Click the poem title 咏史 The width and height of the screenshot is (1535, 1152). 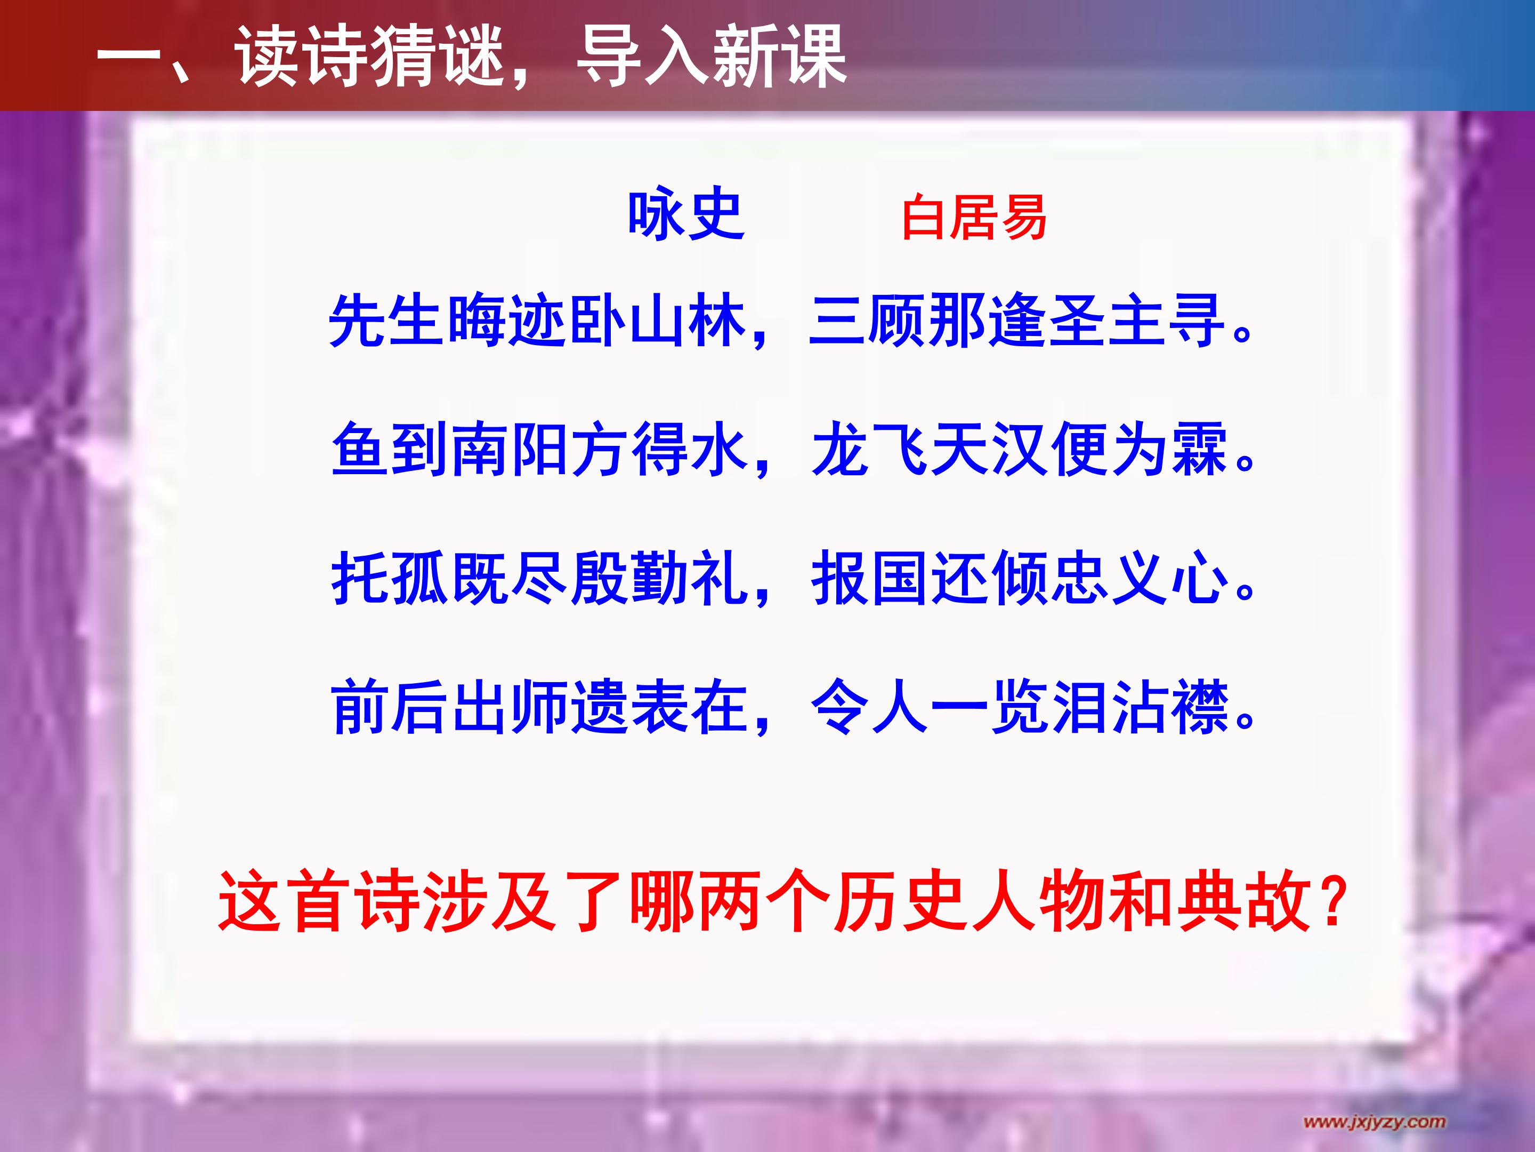(685, 216)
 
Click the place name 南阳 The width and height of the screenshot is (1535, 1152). (510, 450)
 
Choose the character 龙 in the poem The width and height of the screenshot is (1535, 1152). (839, 450)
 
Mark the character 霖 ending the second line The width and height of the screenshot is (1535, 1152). (1199, 450)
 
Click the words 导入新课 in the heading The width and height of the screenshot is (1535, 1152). (712, 57)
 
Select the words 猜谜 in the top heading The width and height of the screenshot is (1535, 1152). (437, 57)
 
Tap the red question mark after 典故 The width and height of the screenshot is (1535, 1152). (1333, 901)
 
